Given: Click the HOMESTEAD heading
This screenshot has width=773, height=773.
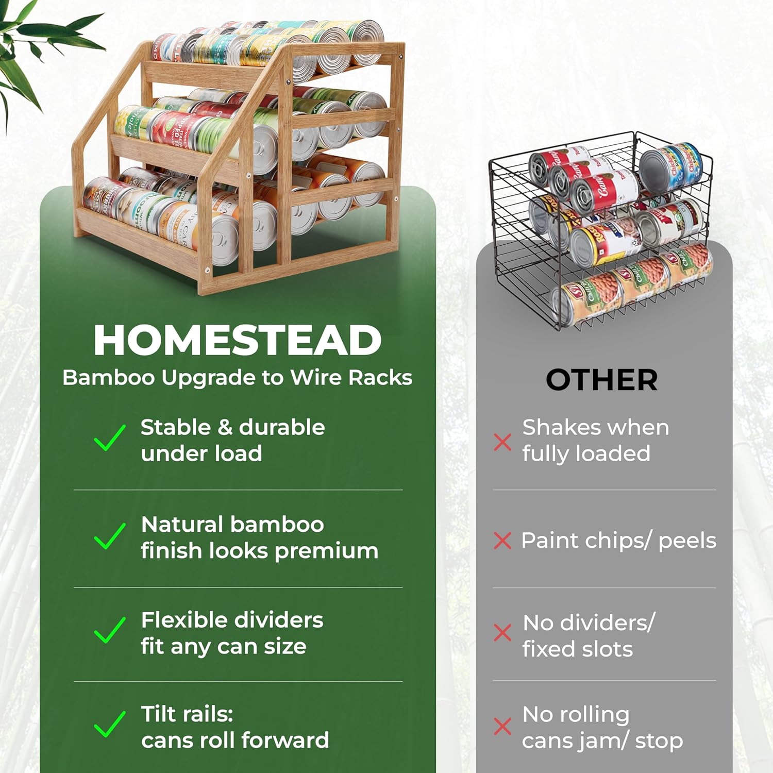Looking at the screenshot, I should [x=238, y=341].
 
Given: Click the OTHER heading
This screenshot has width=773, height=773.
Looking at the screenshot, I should [x=601, y=380].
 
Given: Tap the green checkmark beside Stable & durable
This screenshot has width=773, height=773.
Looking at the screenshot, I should [x=109, y=438].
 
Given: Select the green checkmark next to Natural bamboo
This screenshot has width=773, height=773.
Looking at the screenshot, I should [x=109, y=536].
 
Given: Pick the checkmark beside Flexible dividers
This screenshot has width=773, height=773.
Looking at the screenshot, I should [x=109, y=630].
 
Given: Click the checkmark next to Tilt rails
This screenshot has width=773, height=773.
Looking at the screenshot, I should [x=109, y=724].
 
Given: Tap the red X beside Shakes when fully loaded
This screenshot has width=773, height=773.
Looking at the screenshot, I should [x=502, y=442].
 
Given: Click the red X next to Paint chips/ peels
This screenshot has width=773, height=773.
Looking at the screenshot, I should [x=502, y=541].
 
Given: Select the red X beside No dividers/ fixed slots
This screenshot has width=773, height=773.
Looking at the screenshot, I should [x=502, y=632].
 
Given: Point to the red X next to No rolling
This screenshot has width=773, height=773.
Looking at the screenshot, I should [x=502, y=726].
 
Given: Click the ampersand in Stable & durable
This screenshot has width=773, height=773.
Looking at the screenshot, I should [x=225, y=428].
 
